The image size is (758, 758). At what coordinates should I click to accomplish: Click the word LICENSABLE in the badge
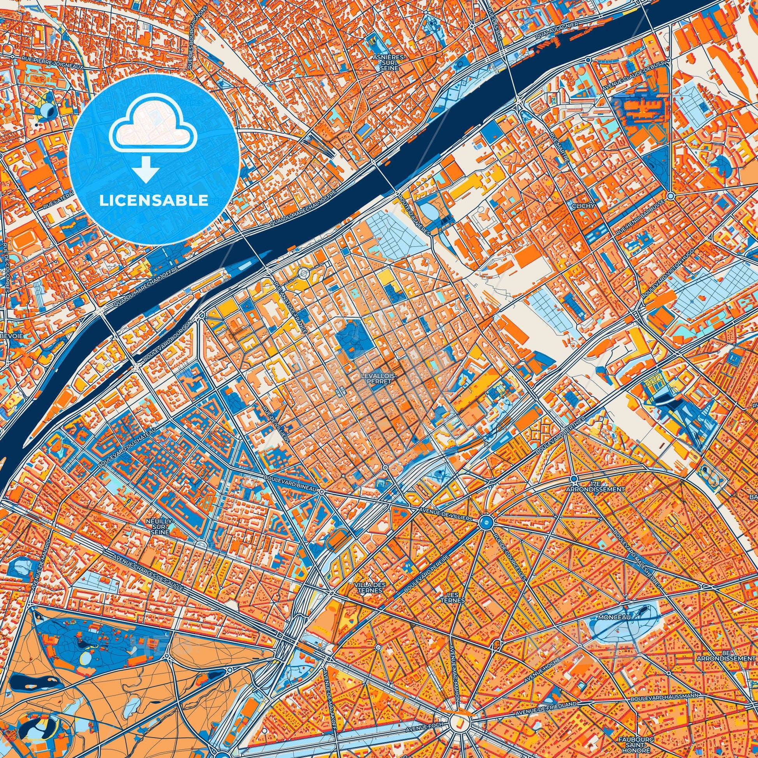coord(154,201)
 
